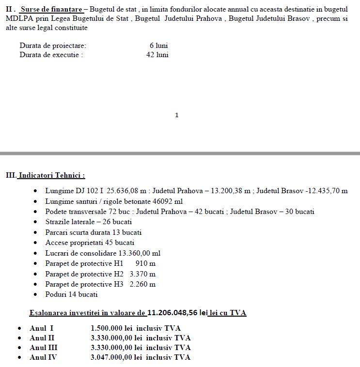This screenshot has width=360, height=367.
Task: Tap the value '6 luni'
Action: tap(159, 46)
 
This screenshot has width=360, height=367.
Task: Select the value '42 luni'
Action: tap(157, 55)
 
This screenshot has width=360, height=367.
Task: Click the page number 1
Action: tap(177, 115)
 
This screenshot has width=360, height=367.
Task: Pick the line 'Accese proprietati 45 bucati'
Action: tap(90, 243)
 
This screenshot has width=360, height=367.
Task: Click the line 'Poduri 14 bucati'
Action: tap(72, 294)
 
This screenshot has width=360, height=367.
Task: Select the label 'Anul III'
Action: tap(44, 348)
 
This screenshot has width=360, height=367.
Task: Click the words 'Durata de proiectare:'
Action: tap(53, 46)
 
